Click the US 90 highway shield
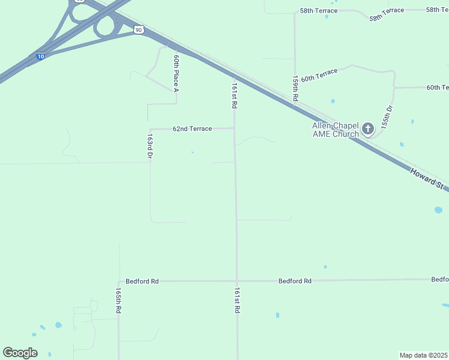[x=139, y=29]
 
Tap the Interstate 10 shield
[x=40, y=56]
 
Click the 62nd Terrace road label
[x=192, y=128]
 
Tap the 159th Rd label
[x=295, y=88]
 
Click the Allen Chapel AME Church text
[x=335, y=130]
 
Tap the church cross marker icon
[x=367, y=128]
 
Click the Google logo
[x=20, y=353]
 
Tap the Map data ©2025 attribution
[x=423, y=355]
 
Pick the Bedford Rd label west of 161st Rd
[x=142, y=281]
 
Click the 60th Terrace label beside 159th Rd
[x=319, y=75]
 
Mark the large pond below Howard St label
[x=438, y=210]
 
